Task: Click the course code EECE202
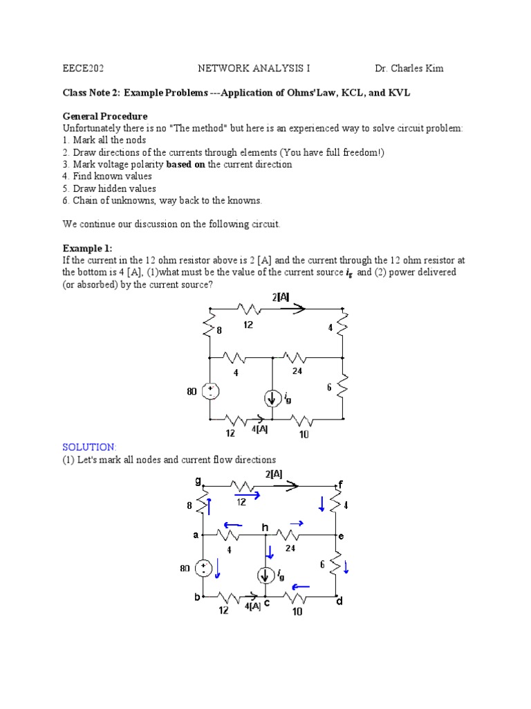tap(83, 69)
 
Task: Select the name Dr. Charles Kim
tap(409, 69)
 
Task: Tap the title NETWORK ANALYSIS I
tap(239, 69)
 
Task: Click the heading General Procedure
tap(105, 116)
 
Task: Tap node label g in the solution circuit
tap(198, 481)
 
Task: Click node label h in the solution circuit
tap(264, 528)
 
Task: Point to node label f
tap(339, 483)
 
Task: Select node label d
tap(339, 602)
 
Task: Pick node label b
tap(197, 597)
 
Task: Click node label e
tap(340, 536)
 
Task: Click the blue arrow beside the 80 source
tap(218, 568)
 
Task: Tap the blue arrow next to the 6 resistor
tap(346, 567)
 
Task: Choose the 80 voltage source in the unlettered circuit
tap(210, 391)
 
